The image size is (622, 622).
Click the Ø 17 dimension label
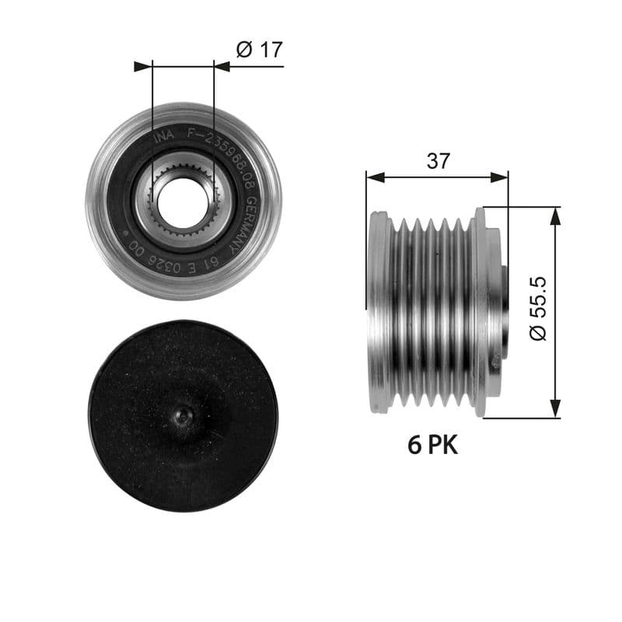[259, 50]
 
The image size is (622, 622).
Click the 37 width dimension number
[439, 161]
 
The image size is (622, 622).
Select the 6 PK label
[433, 446]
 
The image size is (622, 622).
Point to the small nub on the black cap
[182, 418]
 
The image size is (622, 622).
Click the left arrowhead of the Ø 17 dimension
[143, 67]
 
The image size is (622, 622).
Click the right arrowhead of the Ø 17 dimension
[222, 67]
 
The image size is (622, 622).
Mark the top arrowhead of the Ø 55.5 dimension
[555, 215]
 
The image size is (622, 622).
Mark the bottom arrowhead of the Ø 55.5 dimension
[555, 409]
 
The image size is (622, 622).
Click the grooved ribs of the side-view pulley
[432, 311]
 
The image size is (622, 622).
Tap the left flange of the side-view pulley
[379, 311]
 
